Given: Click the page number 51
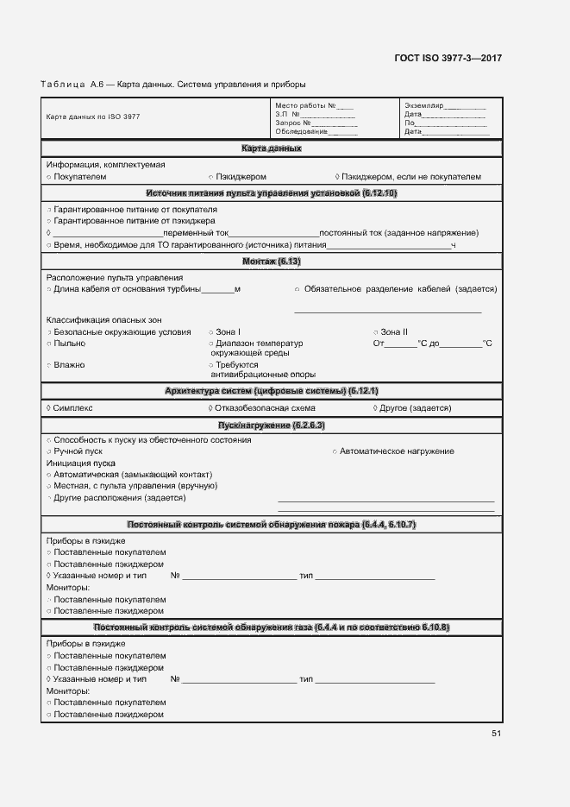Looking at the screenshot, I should coord(496,734).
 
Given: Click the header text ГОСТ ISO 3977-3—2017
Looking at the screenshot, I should coord(448,58).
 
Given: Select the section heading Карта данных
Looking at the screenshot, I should coord(271,148).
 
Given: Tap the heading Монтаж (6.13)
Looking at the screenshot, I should coord(271,261).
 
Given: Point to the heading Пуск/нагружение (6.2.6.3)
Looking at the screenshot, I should coord(271,426).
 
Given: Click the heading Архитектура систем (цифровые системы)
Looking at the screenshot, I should coord(271,391).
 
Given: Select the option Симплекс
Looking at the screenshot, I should coord(72,408).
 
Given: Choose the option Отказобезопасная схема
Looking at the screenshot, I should coord(265,408).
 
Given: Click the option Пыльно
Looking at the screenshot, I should coord(69,344).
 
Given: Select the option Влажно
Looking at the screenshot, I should coord(69,365).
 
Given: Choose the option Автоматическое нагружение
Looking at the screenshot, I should coord(396,451).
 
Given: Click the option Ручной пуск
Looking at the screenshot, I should coord(78,451).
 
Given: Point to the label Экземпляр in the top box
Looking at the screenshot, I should coord(423,105).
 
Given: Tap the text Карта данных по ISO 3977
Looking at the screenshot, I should coord(92,117).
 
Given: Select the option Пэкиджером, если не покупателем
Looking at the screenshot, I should coord(412,177).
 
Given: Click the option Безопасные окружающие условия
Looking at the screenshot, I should coord(122,332).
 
